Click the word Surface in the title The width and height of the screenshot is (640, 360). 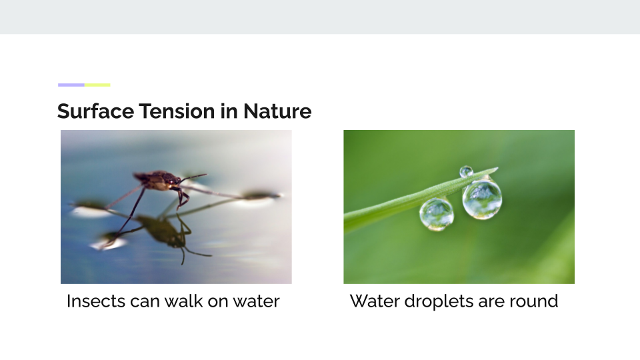95,111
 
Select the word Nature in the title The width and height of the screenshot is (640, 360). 277,111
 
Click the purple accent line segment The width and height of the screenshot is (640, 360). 71,85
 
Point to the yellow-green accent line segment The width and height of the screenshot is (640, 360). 97,85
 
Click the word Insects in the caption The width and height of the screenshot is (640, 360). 96,301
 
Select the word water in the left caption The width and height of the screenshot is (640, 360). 256,301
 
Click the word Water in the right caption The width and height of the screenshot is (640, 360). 375,301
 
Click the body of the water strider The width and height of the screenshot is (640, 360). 157,181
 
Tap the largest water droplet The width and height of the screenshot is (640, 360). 482,199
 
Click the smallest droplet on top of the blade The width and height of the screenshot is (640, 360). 466,171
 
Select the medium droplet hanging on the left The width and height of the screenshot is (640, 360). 436,214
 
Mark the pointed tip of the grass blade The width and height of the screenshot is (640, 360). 498,167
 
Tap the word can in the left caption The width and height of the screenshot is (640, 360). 145,301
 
